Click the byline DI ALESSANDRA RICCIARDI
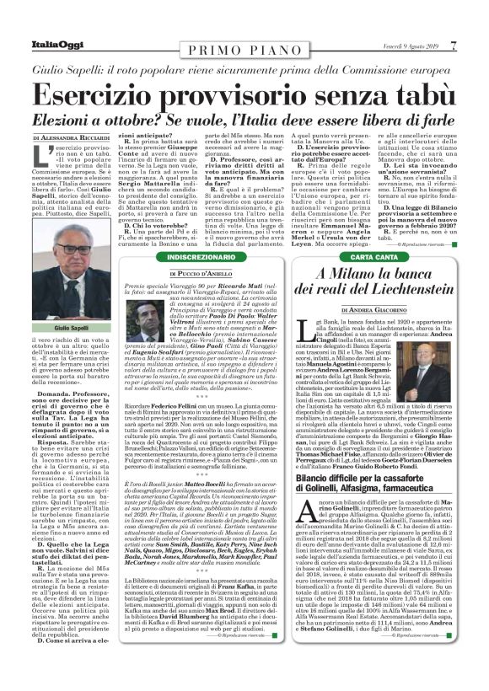click(x=73, y=136)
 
